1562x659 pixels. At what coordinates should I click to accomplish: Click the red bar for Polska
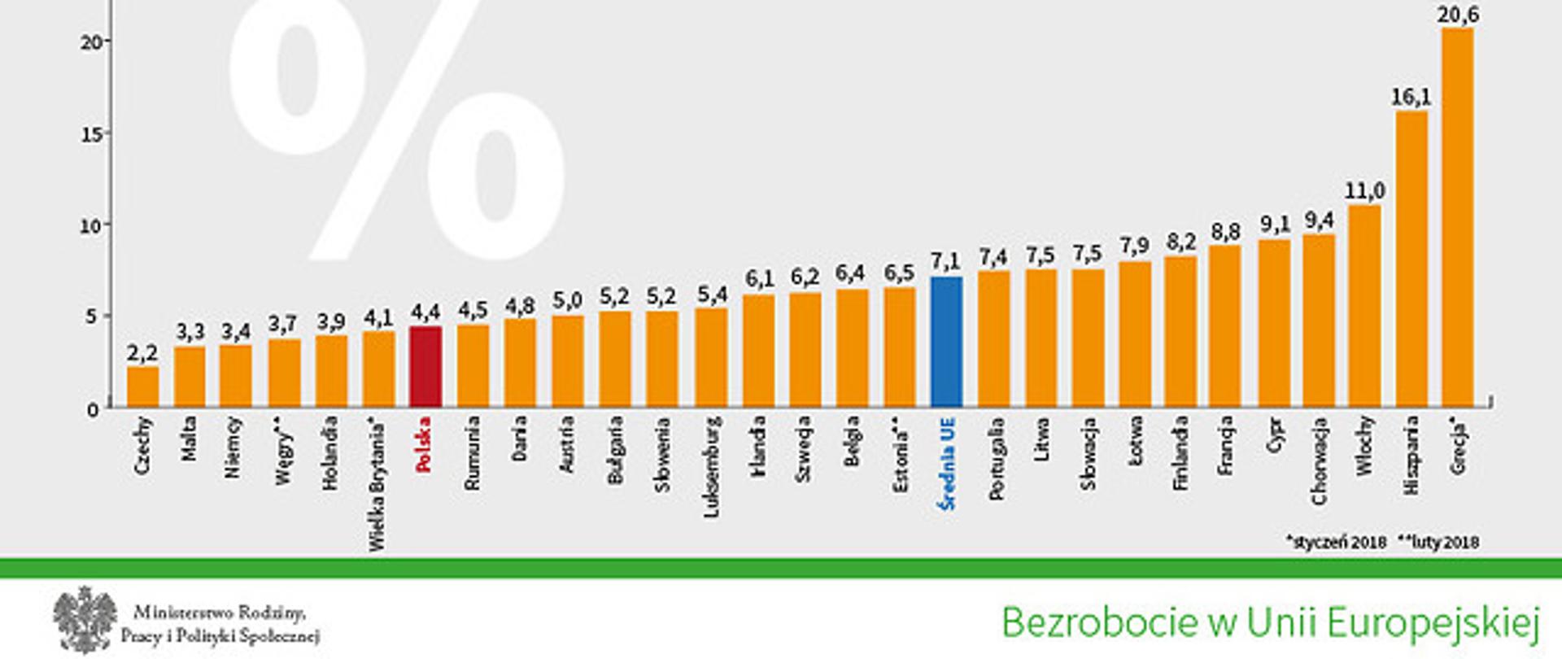pyautogui.click(x=425, y=367)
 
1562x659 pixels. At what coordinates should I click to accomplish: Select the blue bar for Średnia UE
pyautogui.click(x=946, y=342)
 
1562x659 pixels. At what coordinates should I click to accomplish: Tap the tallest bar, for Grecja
pyautogui.click(x=1457, y=218)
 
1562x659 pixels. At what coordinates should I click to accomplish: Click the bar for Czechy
pyautogui.click(x=143, y=387)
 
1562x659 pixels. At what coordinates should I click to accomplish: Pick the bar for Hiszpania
pyautogui.click(x=1411, y=259)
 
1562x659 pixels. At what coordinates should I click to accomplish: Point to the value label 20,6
pyautogui.click(x=1458, y=15)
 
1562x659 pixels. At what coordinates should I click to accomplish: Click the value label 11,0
pyautogui.click(x=1364, y=191)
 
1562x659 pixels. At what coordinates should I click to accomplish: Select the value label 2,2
pyautogui.click(x=142, y=353)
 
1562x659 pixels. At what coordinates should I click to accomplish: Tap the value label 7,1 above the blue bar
pyautogui.click(x=945, y=261)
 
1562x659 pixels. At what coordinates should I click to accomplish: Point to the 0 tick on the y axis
pyautogui.click(x=93, y=409)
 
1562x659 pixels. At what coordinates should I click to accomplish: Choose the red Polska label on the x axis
pyautogui.click(x=424, y=444)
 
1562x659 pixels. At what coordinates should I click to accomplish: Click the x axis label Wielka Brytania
pyautogui.click(x=377, y=484)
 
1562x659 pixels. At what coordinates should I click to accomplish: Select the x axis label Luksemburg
pyautogui.click(x=712, y=467)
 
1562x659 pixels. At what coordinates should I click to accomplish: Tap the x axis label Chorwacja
pyautogui.click(x=1320, y=460)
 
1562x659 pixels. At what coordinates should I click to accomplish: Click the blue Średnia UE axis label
pyautogui.click(x=946, y=464)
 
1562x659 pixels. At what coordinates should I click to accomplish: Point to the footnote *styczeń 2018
pyautogui.click(x=1336, y=542)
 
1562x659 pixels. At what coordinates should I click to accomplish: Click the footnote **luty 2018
pyautogui.click(x=1438, y=542)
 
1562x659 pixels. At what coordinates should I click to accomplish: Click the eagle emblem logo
pyautogui.click(x=85, y=619)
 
